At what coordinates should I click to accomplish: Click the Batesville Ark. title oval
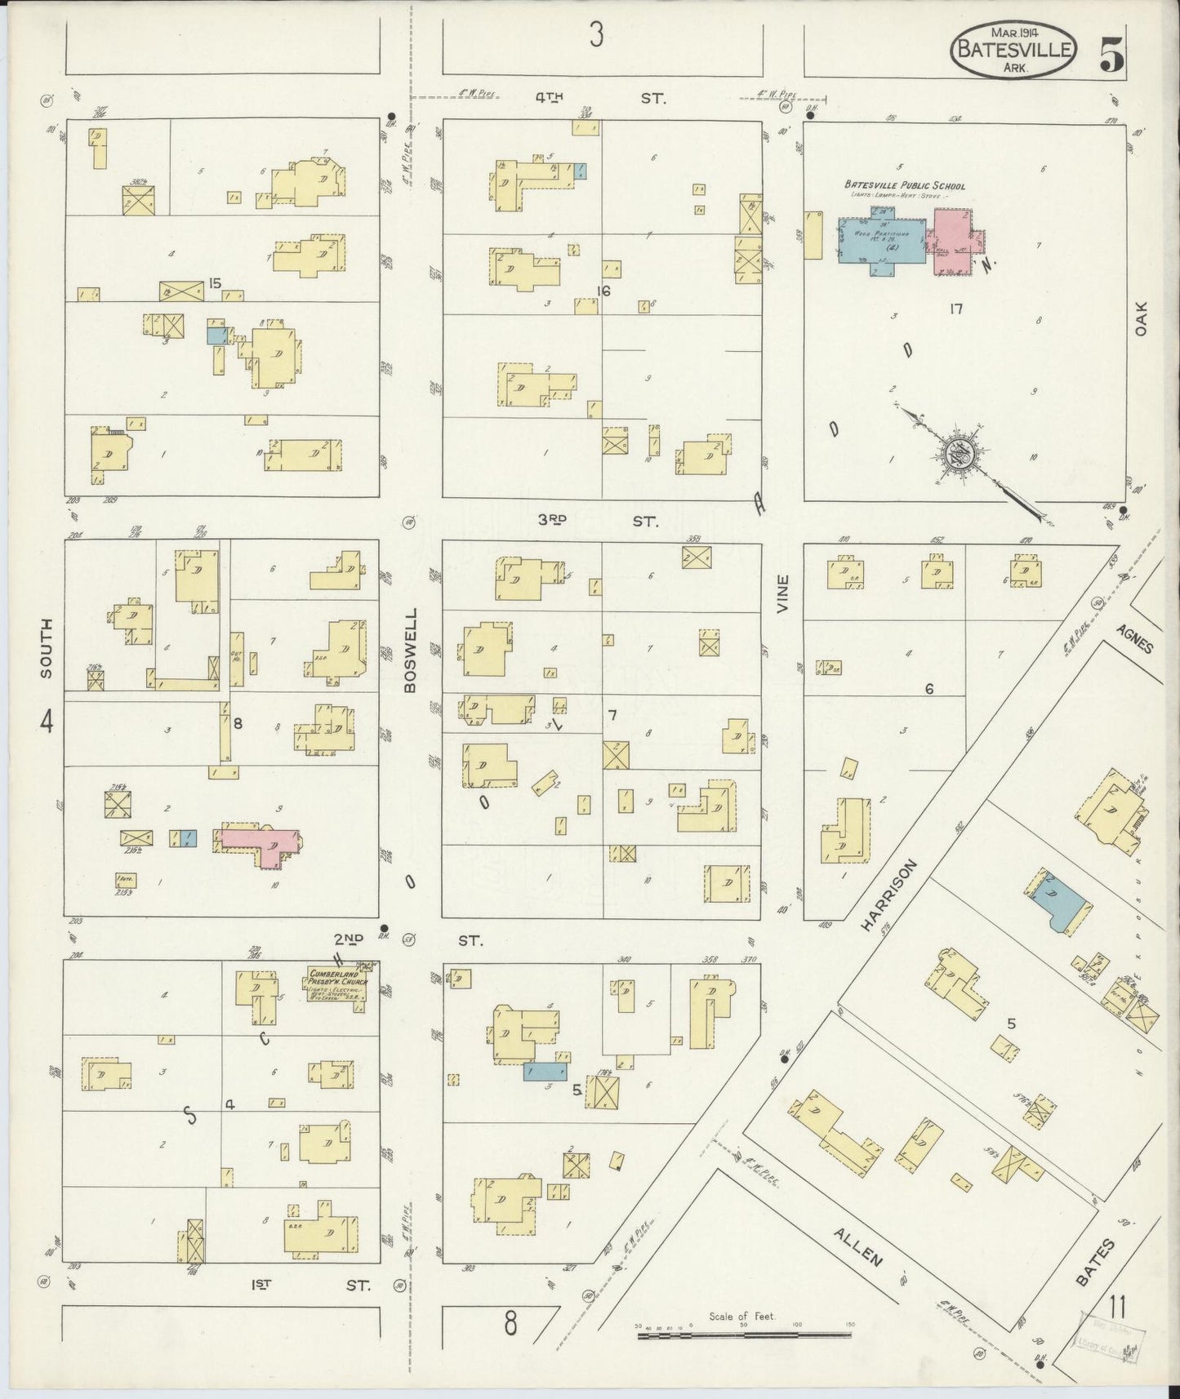pyautogui.click(x=1012, y=51)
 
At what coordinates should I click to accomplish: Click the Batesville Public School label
pyautogui.click(x=904, y=186)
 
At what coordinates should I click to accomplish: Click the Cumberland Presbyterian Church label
pyautogui.click(x=336, y=984)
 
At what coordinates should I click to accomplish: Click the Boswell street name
pyautogui.click(x=410, y=651)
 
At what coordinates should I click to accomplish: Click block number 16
pyautogui.click(x=603, y=291)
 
